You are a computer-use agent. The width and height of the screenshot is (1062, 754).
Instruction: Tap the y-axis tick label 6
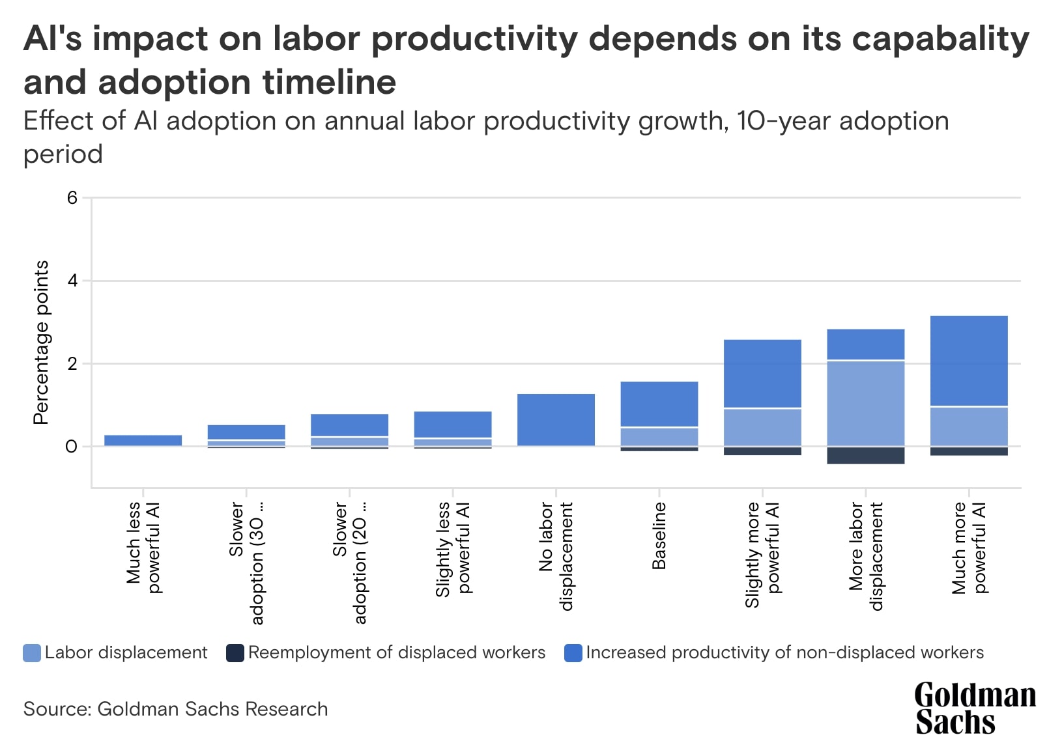click(72, 198)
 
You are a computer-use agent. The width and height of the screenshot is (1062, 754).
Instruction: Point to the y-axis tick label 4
click(72, 281)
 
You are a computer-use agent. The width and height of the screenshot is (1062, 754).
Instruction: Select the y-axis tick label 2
click(72, 364)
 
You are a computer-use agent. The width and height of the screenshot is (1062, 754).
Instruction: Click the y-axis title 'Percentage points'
click(41, 342)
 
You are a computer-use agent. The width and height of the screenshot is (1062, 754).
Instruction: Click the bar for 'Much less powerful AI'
click(143, 440)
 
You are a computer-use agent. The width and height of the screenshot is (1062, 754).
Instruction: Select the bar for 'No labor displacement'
click(556, 420)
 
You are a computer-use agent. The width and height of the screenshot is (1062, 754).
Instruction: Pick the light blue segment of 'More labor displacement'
click(865, 403)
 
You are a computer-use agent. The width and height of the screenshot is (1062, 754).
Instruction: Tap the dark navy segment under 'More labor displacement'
click(865, 456)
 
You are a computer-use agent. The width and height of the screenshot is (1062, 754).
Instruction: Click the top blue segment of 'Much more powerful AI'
click(969, 361)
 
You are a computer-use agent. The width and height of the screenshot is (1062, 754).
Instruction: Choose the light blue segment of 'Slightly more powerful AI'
click(762, 427)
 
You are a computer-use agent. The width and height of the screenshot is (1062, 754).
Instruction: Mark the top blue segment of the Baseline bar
click(659, 404)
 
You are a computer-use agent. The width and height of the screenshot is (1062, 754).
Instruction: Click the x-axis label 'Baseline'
click(659, 536)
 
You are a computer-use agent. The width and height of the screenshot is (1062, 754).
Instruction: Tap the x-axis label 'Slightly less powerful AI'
click(453, 549)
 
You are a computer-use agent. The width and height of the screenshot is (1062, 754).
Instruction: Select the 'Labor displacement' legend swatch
click(32, 653)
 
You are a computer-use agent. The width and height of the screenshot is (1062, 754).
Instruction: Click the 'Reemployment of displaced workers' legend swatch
click(235, 653)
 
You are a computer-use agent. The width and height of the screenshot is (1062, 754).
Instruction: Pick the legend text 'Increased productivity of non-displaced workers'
click(784, 653)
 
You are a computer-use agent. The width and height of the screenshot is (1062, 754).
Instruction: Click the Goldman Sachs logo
click(974, 708)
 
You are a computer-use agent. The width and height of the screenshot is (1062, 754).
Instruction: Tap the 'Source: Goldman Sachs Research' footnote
click(175, 709)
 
